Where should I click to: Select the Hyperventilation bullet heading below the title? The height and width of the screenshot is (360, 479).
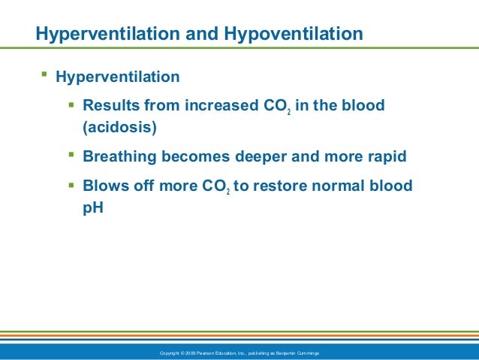118,77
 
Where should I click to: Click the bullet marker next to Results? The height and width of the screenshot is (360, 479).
71,105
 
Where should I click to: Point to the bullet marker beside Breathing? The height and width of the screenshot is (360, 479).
71,156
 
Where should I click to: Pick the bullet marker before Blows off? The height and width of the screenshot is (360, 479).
71,185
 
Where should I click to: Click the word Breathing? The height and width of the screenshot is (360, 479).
120,158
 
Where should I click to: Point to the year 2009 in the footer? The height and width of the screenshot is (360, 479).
189,352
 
